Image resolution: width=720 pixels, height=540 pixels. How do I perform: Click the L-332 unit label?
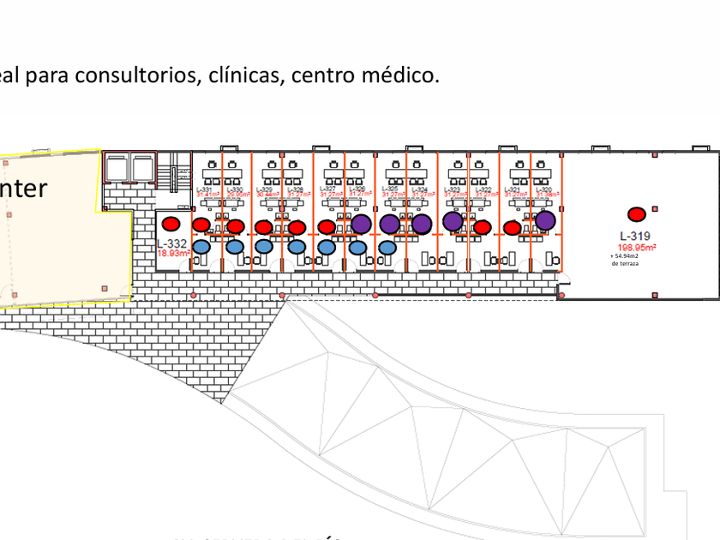[x=171, y=243]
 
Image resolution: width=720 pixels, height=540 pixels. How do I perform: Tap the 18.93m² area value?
[x=171, y=253]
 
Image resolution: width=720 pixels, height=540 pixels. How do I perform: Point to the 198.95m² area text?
[x=638, y=246]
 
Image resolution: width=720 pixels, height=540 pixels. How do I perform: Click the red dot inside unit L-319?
[x=636, y=214]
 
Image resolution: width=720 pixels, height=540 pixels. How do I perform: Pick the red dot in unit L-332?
[x=171, y=224]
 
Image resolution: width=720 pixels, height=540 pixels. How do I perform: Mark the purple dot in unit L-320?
[x=545, y=220]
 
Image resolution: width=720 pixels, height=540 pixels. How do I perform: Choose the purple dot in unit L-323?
[x=453, y=221]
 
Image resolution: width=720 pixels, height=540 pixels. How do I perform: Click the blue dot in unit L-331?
[x=201, y=247]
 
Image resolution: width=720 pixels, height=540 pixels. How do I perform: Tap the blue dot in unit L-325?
[x=387, y=248]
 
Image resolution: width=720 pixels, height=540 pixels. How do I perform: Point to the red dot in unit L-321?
[x=513, y=228]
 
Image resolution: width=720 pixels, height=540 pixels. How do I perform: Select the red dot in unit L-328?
[x=297, y=227]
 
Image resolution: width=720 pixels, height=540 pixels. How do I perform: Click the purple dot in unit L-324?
[x=421, y=224]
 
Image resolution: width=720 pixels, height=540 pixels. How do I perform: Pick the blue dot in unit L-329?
[x=264, y=247]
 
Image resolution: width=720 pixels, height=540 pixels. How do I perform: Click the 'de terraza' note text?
[x=627, y=263]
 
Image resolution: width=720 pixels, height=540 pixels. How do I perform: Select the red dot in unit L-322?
[x=483, y=227]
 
